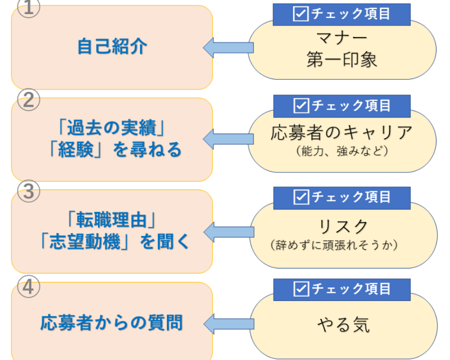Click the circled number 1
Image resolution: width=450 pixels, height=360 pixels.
(x=28, y=7)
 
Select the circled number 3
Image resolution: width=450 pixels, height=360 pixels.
(x=28, y=192)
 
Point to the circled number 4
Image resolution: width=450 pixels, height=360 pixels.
(x=28, y=286)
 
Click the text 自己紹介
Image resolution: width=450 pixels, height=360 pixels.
(x=112, y=46)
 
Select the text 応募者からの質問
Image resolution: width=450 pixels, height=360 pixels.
(x=111, y=322)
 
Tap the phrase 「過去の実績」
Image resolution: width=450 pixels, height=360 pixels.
(x=112, y=129)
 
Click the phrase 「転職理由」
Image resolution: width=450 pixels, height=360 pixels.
(x=112, y=220)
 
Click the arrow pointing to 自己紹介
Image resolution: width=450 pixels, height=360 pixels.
(x=227, y=48)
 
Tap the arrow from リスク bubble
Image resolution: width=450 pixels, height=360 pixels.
(x=227, y=231)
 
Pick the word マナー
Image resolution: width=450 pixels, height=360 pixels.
(x=342, y=38)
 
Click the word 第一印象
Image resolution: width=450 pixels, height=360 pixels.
(x=342, y=59)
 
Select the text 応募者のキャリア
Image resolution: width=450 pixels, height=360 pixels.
(x=342, y=132)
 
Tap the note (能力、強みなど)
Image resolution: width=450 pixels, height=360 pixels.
(x=342, y=150)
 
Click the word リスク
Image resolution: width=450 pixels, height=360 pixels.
(x=343, y=226)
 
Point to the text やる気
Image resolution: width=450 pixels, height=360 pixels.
(x=343, y=325)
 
